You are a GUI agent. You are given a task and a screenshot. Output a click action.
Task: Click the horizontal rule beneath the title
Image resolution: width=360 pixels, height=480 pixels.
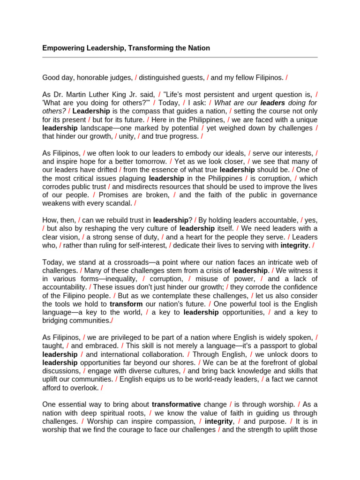click(180, 57)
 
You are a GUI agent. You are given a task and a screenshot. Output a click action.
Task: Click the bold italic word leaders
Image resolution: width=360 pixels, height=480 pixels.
click(273, 103)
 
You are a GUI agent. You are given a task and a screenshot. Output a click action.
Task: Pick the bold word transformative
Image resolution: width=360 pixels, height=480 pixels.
click(176, 404)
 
